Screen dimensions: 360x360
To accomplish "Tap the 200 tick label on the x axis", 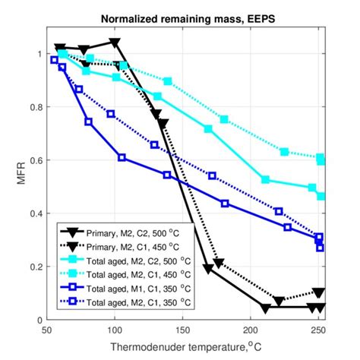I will click(x=250, y=332).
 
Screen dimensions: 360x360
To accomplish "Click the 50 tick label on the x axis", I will click(x=47, y=332).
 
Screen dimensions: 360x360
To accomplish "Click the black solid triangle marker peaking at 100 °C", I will click(x=115, y=43).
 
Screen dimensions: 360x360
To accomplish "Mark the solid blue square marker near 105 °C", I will click(x=122, y=157).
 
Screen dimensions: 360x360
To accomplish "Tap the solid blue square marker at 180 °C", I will click(x=224, y=203).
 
